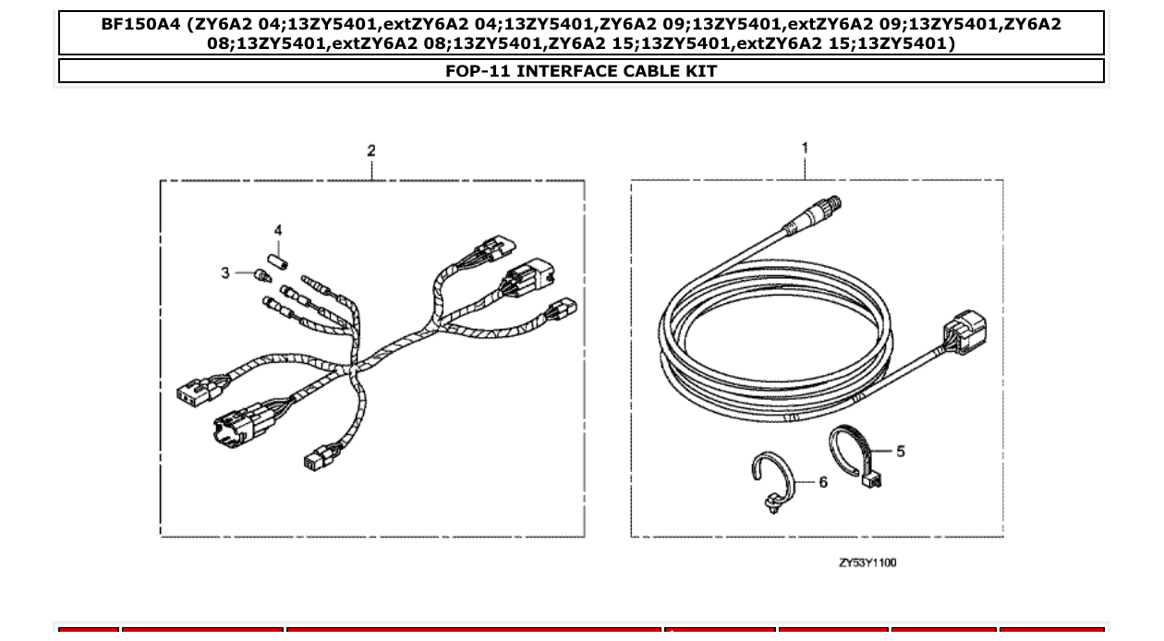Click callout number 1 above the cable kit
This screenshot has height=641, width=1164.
coord(805,148)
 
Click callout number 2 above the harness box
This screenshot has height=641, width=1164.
coord(371,151)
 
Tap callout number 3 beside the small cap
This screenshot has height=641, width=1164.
coord(224,274)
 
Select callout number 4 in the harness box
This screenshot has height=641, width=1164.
coord(277,231)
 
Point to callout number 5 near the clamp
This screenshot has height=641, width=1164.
coord(901,451)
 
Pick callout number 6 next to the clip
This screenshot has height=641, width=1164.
coord(823,481)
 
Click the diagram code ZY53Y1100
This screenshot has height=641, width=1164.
coord(867,562)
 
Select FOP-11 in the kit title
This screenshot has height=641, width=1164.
coord(478,71)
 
